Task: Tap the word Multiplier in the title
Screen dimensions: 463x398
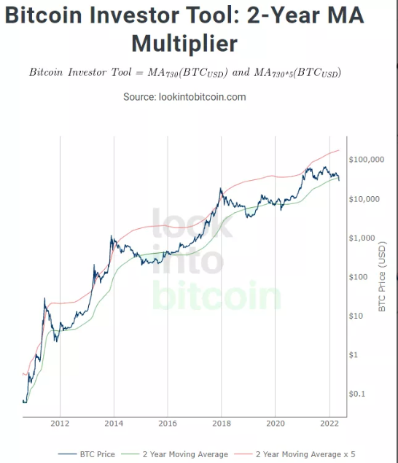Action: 184,43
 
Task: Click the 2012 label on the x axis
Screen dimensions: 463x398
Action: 60,424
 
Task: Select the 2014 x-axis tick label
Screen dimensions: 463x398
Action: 114,424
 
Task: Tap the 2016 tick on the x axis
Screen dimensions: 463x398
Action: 168,424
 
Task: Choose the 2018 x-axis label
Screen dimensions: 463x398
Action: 222,424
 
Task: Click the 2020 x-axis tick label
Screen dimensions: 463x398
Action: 276,424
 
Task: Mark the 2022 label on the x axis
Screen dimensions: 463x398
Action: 329,424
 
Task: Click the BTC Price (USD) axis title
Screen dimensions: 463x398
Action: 383,278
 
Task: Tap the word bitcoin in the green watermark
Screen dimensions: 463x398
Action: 216,295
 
